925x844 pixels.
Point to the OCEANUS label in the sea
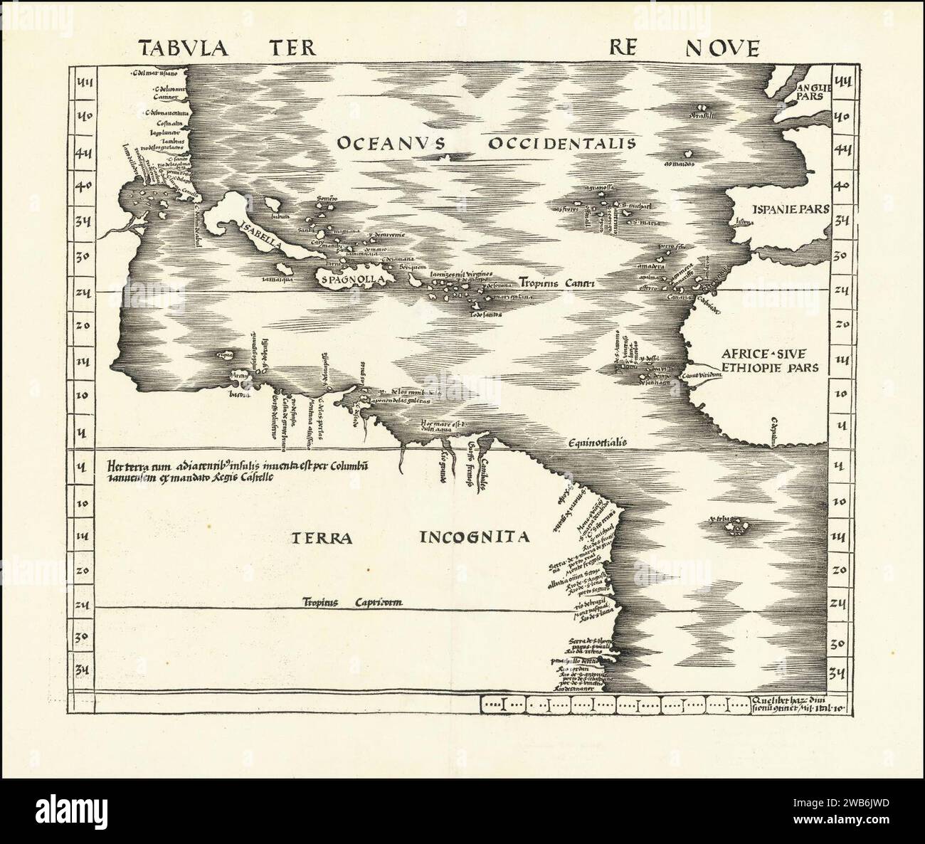[x=391, y=143]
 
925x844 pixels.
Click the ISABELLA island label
[x=262, y=238]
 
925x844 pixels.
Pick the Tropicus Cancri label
[x=556, y=283]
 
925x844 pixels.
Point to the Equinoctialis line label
[x=597, y=442]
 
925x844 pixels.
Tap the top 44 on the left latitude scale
[x=86, y=83]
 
